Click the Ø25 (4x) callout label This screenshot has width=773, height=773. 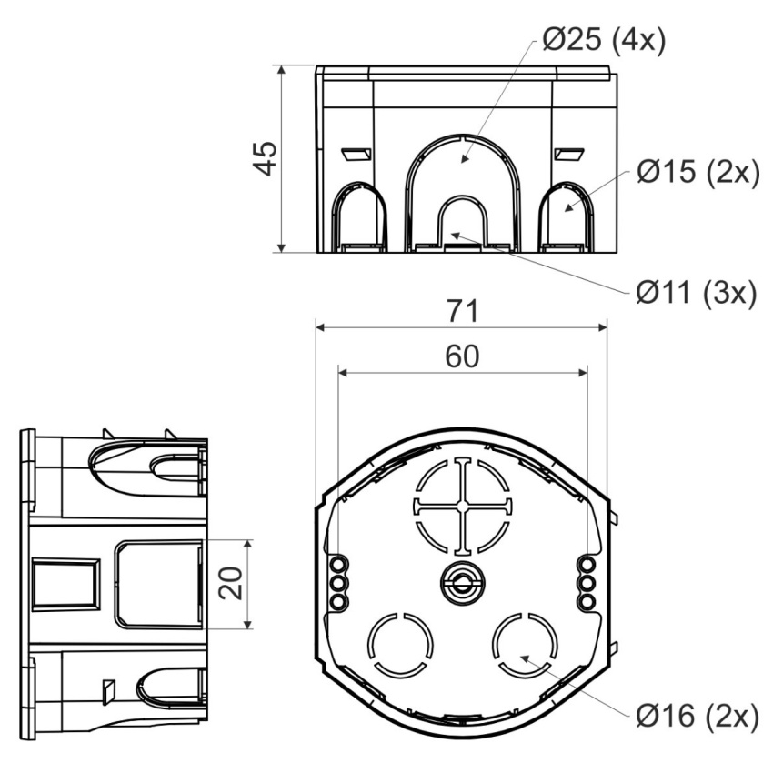(x=604, y=39)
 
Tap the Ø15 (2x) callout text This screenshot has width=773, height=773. (x=698, y=172)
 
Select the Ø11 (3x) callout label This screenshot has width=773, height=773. (x=696, y=294)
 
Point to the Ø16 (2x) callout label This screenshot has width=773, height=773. (x=698, y=716)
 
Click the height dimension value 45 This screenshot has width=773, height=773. (x=266, y=158)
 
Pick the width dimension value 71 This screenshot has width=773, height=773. (x=463, y=311)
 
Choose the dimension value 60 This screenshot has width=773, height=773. (x=462, y=356)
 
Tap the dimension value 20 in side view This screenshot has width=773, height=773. (x=231, y=584)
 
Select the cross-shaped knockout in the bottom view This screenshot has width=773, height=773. (x=462, y=507)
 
